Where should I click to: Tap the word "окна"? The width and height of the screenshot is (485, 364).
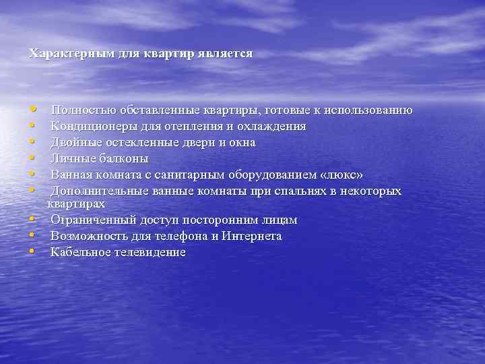tap(240, 143)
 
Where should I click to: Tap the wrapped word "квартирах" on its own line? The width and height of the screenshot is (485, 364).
tap(75, 204)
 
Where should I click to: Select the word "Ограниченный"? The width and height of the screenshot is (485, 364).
tap(93, 220)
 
